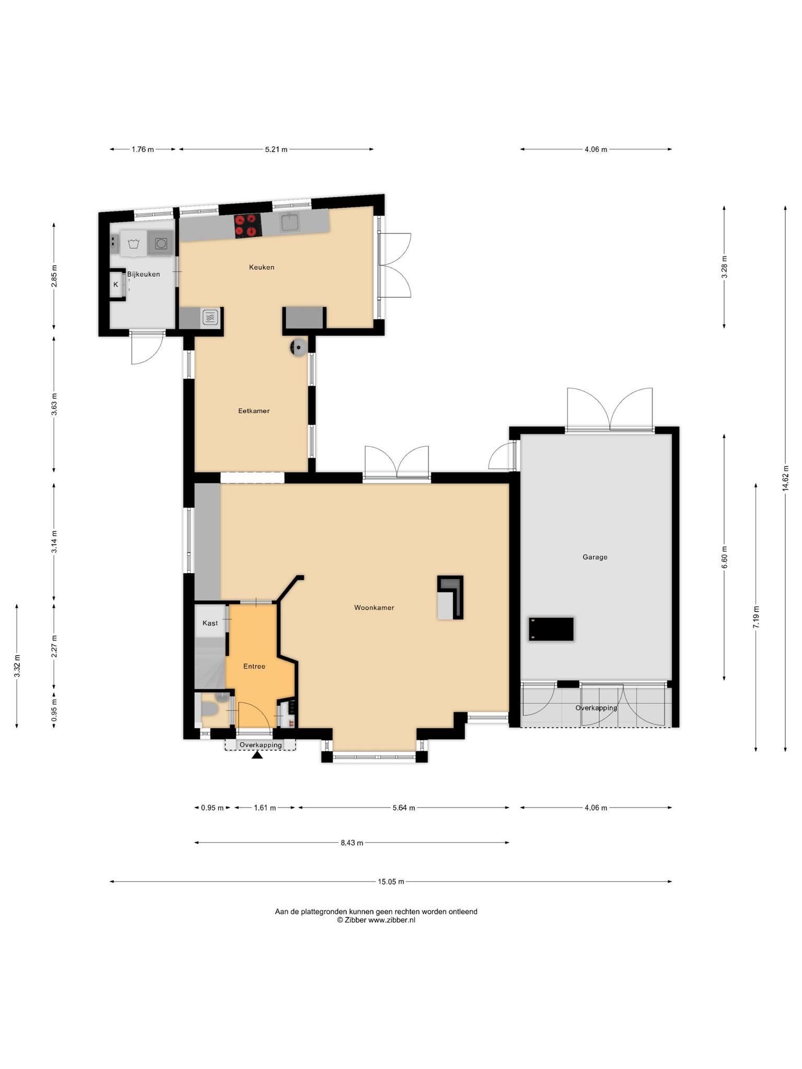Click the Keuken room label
(262, 267)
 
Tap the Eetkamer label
(254, 411)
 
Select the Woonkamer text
(374, 608)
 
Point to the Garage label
(595, 557)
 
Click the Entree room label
(254, 666)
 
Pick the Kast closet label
(210, 623)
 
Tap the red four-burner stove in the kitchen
(247, 226)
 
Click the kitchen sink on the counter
(290, 223)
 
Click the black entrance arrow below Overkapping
(257, 755)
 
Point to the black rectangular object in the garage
(551, 629)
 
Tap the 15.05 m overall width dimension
(391, 882)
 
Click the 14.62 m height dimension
(785, 479)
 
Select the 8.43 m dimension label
(352, 842)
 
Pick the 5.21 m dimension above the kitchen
(276, 149)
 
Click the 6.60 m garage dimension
(724, 557)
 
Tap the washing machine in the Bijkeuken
(161, 243)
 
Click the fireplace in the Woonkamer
(450, 598)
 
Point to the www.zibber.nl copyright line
(376, 920)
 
